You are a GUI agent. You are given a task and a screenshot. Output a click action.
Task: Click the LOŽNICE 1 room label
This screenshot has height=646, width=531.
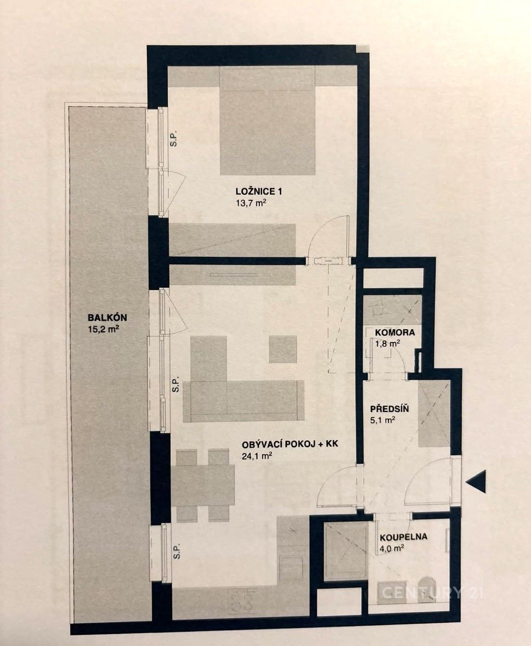[x=259, y=192]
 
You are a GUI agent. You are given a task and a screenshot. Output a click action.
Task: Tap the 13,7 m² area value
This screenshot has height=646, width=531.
[x=251, y=203]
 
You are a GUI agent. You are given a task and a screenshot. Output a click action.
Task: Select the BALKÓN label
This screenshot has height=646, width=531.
[x=107, y=317]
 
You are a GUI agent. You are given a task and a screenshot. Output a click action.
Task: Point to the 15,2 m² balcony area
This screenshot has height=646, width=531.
[x=103, y=330]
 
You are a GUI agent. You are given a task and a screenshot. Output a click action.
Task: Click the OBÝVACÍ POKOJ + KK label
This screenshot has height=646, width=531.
[x=290, y=444]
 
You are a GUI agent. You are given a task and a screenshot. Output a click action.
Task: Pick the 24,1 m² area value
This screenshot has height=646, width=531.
[x=257, y=456]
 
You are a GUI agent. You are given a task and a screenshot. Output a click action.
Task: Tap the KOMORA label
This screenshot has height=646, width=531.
[x=395, y=332]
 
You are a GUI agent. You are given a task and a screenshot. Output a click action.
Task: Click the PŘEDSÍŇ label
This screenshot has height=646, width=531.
[x=390, y=409]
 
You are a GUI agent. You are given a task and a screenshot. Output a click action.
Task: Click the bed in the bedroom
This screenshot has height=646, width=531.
[x=267, y=121]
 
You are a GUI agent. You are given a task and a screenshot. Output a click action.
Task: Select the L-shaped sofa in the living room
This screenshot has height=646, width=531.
[x=244, y=401]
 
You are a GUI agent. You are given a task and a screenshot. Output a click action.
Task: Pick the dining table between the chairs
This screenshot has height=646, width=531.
[x=203, y=486]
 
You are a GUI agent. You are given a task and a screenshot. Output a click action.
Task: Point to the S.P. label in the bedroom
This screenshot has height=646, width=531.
[x=174, y=139]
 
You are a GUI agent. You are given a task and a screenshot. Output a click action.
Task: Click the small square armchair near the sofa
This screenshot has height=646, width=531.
[x=283, y=349]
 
